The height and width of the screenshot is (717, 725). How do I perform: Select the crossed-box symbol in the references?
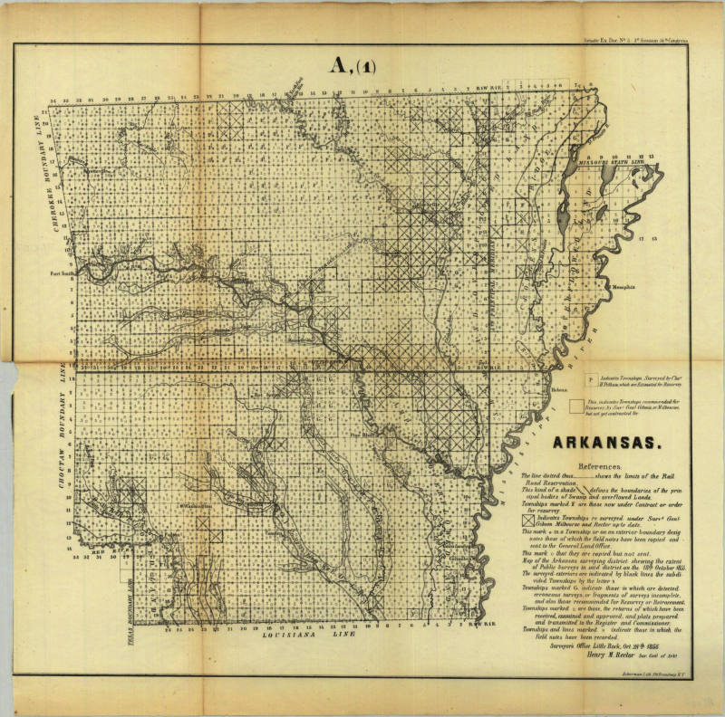pyautogui.click(x=527, y=520)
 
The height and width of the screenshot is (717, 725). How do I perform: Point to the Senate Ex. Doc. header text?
pyautogui.click(x=633, y=40)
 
